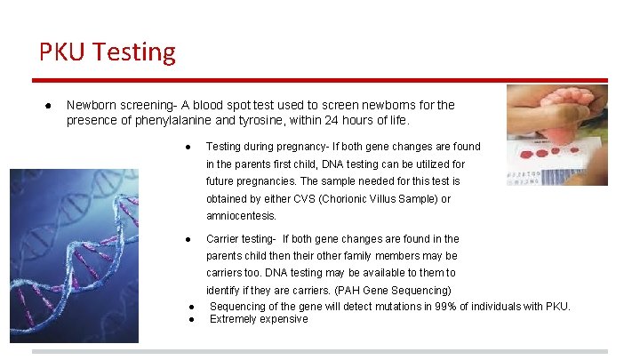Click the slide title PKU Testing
pos(108,52)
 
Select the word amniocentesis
pos(241,216)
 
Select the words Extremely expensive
pos(259,319)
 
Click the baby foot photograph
pos(557,134)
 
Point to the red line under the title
pos(320,78)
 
